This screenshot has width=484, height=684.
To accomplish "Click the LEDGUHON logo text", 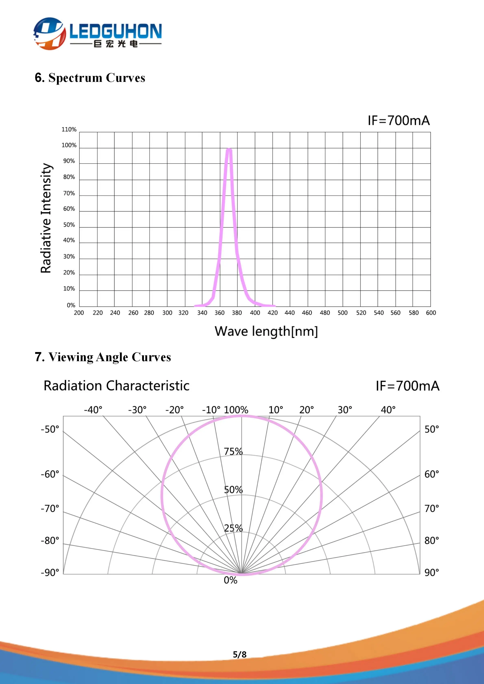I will coord(116,31).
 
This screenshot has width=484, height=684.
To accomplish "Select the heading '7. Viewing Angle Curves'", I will coord(103,357).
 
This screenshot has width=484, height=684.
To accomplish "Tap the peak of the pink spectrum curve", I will coord(229,149).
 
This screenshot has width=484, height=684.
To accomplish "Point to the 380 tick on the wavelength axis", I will coord(237,313).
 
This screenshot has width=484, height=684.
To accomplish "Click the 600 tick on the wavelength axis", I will coord(431,313).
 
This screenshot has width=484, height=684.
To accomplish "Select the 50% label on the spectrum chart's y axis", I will coord(69,225).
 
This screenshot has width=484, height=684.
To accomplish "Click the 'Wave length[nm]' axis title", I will coord(266,331).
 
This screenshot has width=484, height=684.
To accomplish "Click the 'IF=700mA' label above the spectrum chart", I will coord(399,121).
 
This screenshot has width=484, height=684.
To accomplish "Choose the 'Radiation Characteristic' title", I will coord(116,386).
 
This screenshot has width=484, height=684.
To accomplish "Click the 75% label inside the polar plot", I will coord(233,451).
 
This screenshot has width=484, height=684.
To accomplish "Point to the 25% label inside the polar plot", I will coord(233,528).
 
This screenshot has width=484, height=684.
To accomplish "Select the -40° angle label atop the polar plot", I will coord(93,410).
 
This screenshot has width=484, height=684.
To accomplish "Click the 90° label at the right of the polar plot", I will coord(432,573).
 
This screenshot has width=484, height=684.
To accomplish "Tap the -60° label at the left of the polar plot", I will coord(50,474).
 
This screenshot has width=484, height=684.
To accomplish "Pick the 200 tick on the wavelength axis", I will coord(79,313).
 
